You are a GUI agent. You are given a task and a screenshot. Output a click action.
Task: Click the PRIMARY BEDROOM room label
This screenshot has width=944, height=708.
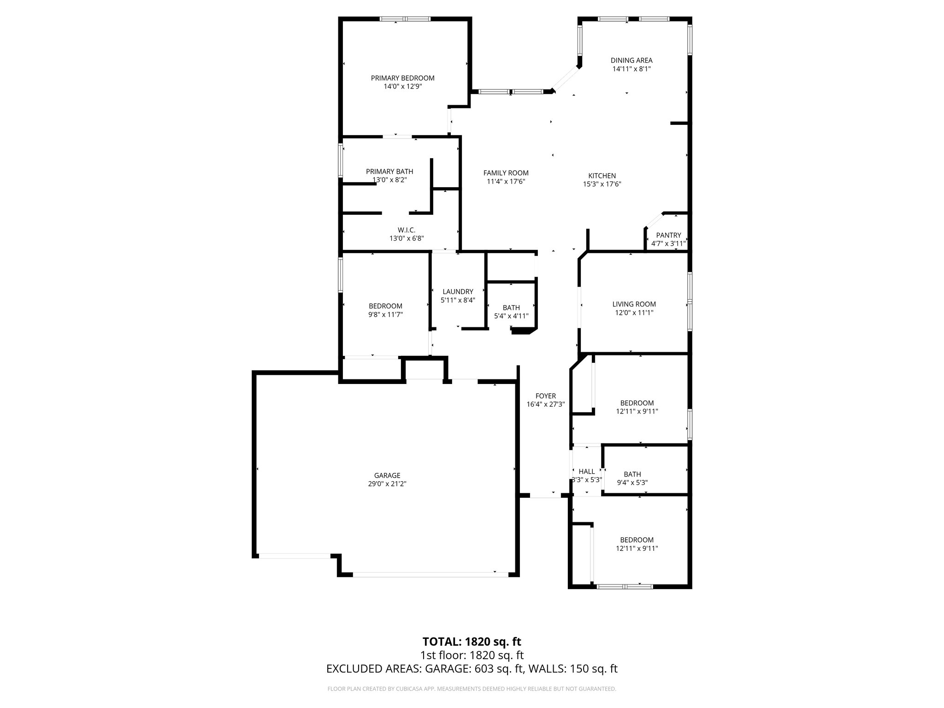click(402, 78)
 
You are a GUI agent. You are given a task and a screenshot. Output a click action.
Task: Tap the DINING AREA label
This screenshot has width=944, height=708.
click(631, 60)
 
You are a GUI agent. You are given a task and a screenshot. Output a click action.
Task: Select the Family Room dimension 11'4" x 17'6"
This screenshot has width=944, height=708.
click(506, 182)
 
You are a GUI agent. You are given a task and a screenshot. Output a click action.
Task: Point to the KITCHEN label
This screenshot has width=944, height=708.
click(602, 176)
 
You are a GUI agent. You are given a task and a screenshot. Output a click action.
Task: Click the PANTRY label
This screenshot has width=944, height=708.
click(668, 235)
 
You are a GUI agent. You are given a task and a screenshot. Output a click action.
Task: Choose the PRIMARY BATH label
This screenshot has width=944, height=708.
click(389, 171)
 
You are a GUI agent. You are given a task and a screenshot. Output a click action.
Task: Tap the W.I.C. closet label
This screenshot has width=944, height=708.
click(406, 230)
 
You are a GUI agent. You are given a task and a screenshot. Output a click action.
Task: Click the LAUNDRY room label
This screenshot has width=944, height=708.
click(458, 291)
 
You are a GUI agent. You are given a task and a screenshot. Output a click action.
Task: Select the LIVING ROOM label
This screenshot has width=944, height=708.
click(634, 304)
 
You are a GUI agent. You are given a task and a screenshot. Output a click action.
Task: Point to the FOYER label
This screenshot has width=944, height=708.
click(545, 396)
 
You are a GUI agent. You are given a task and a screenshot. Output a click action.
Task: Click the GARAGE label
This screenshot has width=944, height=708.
click(387, 475)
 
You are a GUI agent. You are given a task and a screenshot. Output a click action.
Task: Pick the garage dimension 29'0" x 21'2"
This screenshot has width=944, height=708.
click(387, 484)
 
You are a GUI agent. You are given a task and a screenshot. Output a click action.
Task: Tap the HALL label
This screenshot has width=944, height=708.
click(586, 471)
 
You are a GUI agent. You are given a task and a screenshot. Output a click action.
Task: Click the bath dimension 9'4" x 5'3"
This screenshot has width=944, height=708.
click(632, 483)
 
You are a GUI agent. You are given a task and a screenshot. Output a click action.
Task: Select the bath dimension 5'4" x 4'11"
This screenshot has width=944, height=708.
click(511, 316)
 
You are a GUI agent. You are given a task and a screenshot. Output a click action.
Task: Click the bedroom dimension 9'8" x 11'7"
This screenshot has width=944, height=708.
click(385, 314)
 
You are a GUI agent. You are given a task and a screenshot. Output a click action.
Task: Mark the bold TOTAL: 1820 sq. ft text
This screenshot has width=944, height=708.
click(472, 642)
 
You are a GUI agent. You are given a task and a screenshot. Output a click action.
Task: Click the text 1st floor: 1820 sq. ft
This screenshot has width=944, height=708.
click(472, 655)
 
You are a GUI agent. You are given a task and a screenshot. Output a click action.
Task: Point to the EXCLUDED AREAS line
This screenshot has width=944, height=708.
click(472, 669)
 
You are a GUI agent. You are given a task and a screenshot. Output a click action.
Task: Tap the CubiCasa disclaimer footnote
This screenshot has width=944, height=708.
click(472, 689)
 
